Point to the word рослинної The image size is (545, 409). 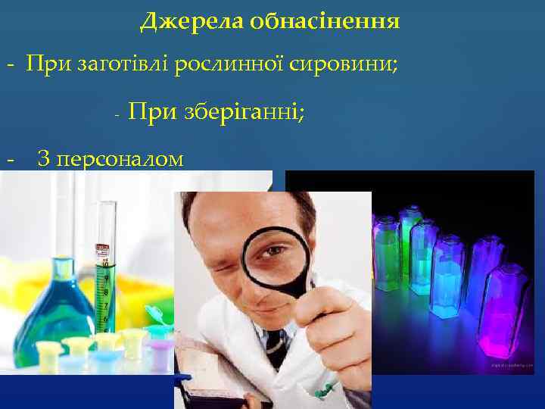tap(223, 64)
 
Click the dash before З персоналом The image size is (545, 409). tap(9, 160)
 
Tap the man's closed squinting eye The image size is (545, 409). tap(226, 267)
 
